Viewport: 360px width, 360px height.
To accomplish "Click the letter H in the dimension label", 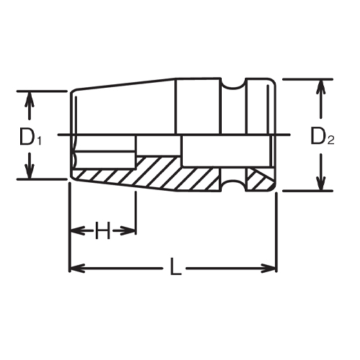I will click(x=102, y=231).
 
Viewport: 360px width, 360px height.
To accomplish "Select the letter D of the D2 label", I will click(x=318, y=135).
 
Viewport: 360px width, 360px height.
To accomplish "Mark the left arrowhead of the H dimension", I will click(x=74, y=231).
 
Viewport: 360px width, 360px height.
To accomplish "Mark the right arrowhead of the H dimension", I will click(x=130, y=231).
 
